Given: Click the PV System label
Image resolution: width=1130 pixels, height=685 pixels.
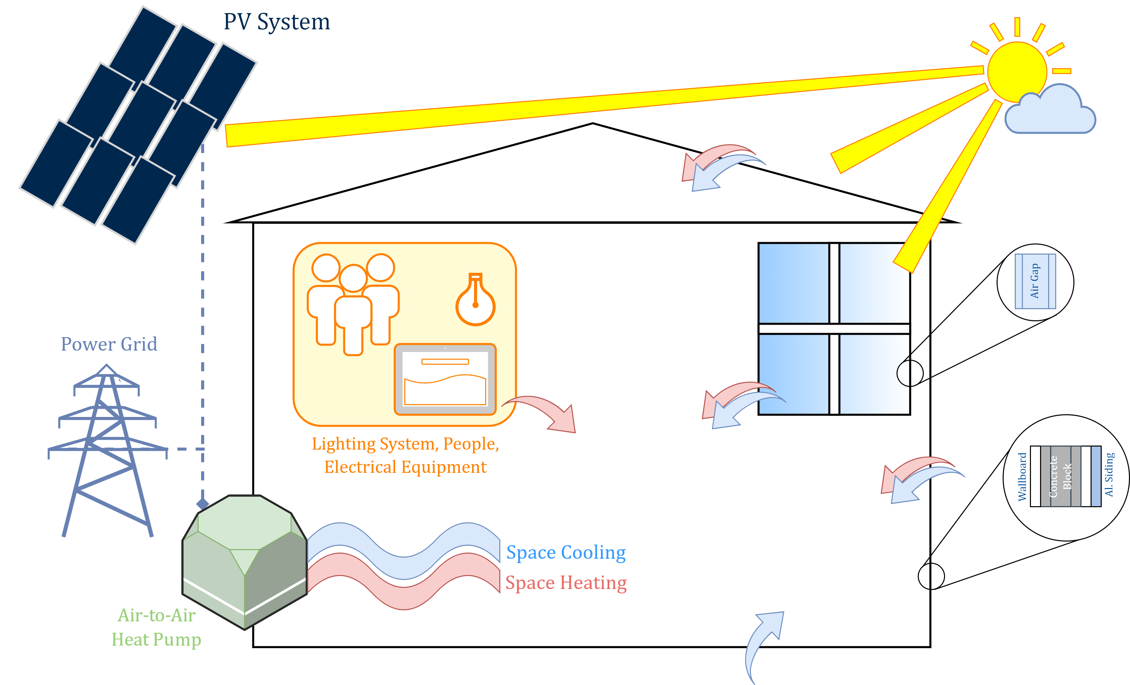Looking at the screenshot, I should pyautogui.click(x=277, y=22).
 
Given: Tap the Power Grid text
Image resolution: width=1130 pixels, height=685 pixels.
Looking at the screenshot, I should pyautogui.click(x=109, y=344).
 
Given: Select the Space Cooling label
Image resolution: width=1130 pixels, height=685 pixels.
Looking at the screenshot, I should pyautogui.click(x=566, y=553).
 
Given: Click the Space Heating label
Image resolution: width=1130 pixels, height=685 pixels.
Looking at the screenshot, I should pyautogui.click(x=566, y=583).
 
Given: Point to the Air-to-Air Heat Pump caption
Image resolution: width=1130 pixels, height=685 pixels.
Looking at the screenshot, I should pyautogui.click(x=156, y=627).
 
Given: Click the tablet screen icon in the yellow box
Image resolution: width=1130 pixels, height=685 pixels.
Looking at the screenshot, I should pyautogui.click(x=445, y=379).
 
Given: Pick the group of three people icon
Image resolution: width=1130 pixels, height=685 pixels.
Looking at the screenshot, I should pyautogui.click(x=353, y=303).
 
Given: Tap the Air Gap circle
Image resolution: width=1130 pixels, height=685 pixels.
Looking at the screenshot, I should pyautogui.click(x=1035, y=282).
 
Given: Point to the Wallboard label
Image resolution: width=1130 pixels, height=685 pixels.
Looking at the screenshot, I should pyautogui.click(x=1022, y=477).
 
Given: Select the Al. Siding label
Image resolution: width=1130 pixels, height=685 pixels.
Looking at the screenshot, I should pyautogui.click(x=1109, y=475).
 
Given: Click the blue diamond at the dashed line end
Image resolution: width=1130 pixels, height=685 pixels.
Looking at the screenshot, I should pyautogui.click(x=202, y=504).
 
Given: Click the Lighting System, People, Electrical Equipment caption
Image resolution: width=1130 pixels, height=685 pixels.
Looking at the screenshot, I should pyautogui.click(x=405, y=455).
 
